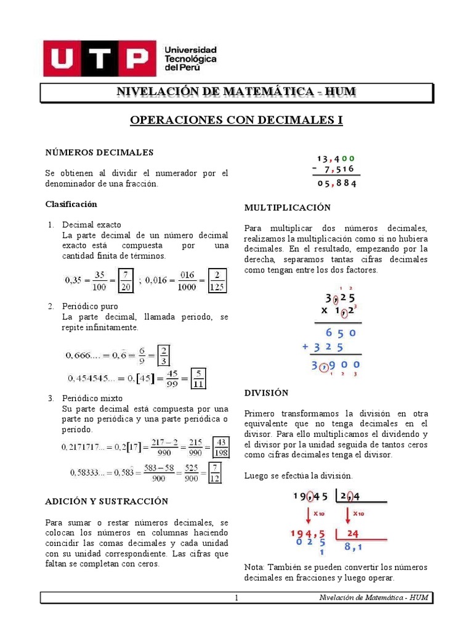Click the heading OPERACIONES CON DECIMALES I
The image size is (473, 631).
point(236,120)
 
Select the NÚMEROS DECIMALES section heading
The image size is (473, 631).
point(99,152)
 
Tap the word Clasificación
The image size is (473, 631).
point(71,204)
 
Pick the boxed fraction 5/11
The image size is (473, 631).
point(198,378)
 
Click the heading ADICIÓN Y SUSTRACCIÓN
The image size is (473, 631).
point(107,502)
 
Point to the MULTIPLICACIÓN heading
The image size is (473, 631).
point(287,208)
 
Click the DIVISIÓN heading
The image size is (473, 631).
point(266,393)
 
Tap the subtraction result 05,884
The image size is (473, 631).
point(337,183)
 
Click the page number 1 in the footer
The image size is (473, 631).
point(236,598)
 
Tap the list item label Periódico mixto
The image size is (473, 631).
point(92,398)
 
